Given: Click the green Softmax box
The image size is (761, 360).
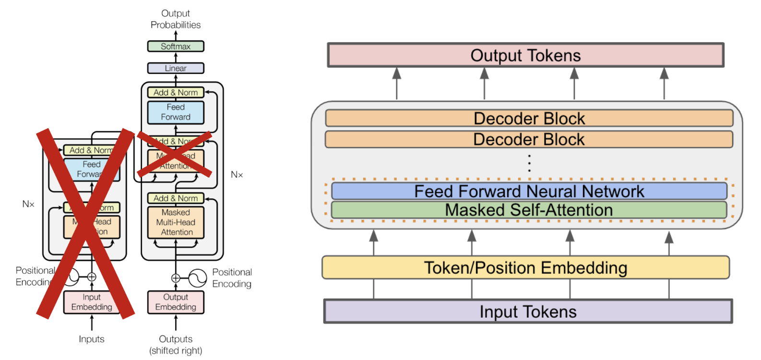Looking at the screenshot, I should pyautogui.click(x=176, y=47).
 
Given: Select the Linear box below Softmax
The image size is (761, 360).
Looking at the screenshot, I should pyautogui.click(x=176, y=68).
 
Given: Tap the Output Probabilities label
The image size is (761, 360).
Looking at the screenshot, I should pyautogui.click(x=176, y=19).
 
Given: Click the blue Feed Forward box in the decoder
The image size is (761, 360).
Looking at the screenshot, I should pyautogui.click(x=176, y=112).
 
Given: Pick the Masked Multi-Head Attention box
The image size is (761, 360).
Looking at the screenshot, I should pyautogui.click(x=176, y=222).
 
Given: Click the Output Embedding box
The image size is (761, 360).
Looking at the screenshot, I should pyautogui.click(x=176, y=302).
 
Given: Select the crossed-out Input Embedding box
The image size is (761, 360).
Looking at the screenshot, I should pyautogui.click(x=91, y=302).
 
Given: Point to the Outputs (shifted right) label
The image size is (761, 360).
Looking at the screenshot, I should pyautogui.click(x=176, y=345).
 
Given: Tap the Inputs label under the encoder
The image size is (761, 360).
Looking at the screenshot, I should pyautogui.click(x=91, y=339).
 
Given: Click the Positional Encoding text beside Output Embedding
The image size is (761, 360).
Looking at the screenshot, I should pyautogui.click(x=232, y=278).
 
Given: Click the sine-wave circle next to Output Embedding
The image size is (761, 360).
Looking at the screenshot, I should pyautogui.click(x=197, y=278).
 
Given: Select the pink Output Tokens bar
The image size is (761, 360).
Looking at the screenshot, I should pyautogui.click(x=525, y=55).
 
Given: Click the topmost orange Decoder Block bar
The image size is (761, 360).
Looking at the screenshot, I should pyautogui.click(x=529, y=118).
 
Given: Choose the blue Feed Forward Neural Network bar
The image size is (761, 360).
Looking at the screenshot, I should pyautogui.click(x=529, y=191).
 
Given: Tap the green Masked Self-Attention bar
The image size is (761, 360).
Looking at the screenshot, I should pyautogui.click(x=529, y=210).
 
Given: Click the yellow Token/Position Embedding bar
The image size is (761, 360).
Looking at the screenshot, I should pyautogui.click(x=525, y=267).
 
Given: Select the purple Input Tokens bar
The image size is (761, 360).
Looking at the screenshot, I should pyautogui.click(x=528, y=312).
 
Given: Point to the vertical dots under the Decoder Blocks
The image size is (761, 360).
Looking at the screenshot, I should pyautogui.click(x=529, y=163).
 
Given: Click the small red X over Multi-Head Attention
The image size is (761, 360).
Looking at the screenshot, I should pyautogui.click(x=175, y=154).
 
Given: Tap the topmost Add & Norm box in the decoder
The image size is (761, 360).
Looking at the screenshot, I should pyautogui.click(x=176, y=92).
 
